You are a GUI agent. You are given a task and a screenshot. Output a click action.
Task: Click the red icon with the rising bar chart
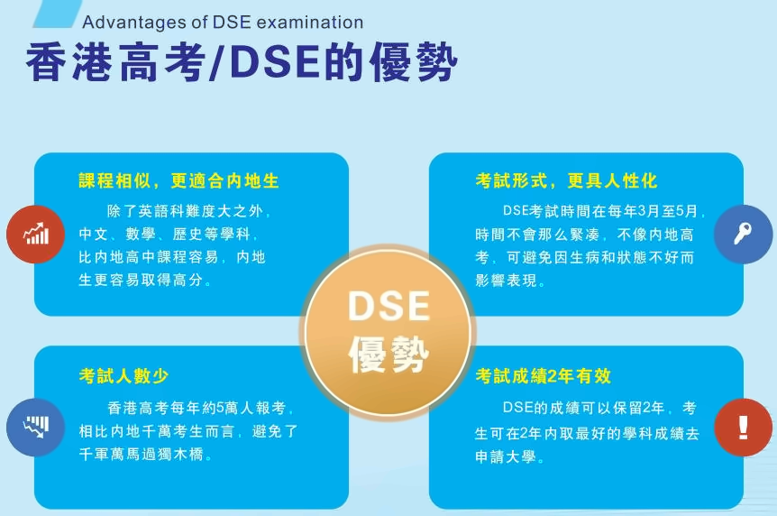[36, 235]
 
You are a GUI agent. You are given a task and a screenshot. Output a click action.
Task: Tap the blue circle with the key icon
[743, 234]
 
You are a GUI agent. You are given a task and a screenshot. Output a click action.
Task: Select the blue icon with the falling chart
[36, 428]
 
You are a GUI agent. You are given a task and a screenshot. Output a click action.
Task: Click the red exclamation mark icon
[743, 428]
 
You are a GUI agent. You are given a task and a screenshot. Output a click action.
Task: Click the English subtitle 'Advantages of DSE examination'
[223, 23]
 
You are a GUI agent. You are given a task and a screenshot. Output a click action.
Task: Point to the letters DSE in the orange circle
[389, 306]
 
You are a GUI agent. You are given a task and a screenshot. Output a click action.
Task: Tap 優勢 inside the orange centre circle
[389, 354]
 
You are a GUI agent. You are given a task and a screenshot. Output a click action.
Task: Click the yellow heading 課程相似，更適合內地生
[178, 180]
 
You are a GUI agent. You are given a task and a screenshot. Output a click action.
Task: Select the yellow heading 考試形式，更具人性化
[566, 180]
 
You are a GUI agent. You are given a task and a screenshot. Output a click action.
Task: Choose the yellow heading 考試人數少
[123, 375]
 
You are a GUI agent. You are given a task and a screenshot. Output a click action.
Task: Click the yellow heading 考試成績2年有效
[544, 375]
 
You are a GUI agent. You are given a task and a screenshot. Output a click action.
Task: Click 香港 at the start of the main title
[69, 62]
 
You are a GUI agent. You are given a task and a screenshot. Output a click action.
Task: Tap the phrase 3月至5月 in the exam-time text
[668, 211]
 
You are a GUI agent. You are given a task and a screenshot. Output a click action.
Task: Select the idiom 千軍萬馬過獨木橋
[142, 454]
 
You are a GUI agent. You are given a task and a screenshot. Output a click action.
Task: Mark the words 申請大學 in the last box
[506, 456]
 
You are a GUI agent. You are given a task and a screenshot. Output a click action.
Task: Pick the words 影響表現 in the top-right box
[506, 281]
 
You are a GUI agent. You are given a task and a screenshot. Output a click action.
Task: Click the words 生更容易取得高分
[141, 280]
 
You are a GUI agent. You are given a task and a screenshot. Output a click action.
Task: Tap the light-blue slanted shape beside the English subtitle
[58, 14]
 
